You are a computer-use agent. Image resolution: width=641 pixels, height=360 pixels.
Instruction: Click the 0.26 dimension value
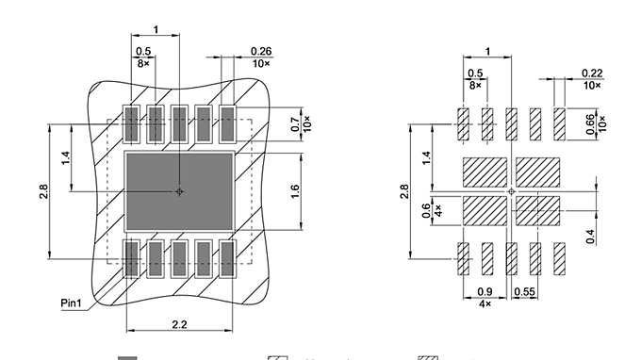pyautogui.click(x=260, y=51)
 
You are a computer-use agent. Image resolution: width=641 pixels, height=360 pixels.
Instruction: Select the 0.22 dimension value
pyautogui.click(x=592, y=73)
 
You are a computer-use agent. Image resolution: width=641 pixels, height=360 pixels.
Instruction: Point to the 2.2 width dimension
pyautogui.click(x=179, y=323)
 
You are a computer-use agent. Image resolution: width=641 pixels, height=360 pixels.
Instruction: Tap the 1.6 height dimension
pyautogui.click(x=294, y=191)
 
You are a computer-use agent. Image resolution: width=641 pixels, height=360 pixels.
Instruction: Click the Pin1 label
pyautogui.click(x=73, y=303)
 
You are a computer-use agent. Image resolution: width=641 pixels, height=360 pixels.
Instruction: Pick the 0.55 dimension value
pyautogui.click(x=525, y=292)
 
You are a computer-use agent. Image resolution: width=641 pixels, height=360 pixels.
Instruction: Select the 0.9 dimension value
pyautogui.click(x=485, y=292)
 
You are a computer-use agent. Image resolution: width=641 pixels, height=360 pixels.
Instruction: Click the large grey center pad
pyautogui.click(x=179, y=191)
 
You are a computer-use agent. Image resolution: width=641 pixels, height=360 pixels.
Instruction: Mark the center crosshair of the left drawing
pyautogui.click(x=179, y=191)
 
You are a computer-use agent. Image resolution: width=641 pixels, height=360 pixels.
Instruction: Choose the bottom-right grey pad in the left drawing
pyautogui.click(x=227, y=259)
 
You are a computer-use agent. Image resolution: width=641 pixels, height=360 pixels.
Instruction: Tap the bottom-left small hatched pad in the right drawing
pyautogui.click(x=463, y=258)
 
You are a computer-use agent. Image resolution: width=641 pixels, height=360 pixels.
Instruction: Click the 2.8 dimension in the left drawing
pyautogui.click(x=43, y=192)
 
